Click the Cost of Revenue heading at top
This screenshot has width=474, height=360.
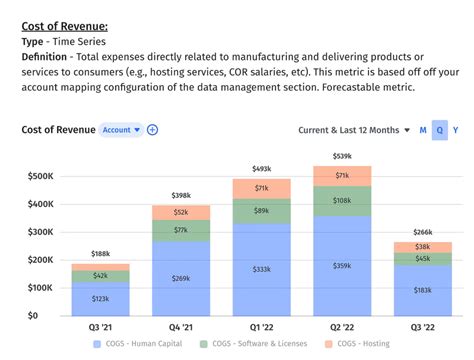point(64,26)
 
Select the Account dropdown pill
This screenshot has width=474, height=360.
point(121,130)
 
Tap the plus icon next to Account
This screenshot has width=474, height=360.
point(153,130)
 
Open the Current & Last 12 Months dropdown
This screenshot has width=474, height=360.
point(354,130)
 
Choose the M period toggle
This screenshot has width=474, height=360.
point(423,130)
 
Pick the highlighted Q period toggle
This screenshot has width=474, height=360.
point(439,130)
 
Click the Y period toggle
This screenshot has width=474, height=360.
point(456,130)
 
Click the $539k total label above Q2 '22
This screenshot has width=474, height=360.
point(341,156)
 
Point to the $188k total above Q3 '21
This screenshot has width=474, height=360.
point(100,254)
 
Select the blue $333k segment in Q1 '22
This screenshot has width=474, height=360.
point(261,270)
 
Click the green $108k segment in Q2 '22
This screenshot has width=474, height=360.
point(341,200)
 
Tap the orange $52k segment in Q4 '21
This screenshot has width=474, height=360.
point(180,212)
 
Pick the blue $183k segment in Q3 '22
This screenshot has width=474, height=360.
point(422,290)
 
